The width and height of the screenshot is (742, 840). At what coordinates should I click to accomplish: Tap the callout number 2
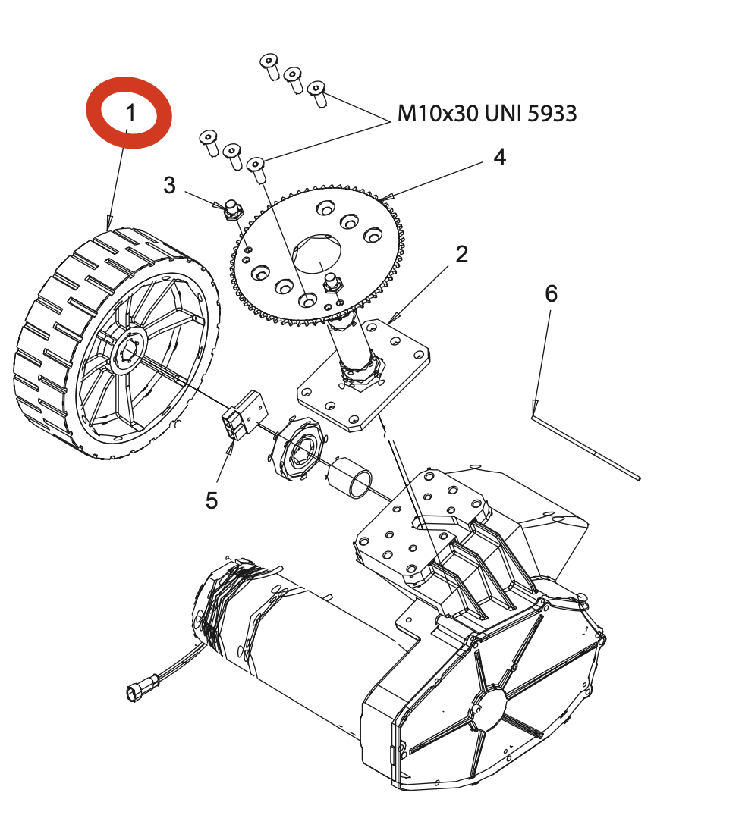click(461, 254)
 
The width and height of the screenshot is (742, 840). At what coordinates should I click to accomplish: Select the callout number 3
click(169, 185)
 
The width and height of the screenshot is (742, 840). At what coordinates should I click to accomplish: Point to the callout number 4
click(500, 158)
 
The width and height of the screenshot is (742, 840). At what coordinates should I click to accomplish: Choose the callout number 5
click(212, 500)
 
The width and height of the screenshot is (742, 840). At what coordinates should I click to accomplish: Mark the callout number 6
click(551, 293)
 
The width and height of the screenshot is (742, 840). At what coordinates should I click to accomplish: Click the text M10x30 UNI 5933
click(487, 114)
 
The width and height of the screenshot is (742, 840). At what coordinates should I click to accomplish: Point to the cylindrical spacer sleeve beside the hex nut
click(349, 478)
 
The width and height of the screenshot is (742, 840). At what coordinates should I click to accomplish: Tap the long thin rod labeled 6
click(586, 447)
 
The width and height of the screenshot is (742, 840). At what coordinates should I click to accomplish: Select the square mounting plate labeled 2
click(363, 375)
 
